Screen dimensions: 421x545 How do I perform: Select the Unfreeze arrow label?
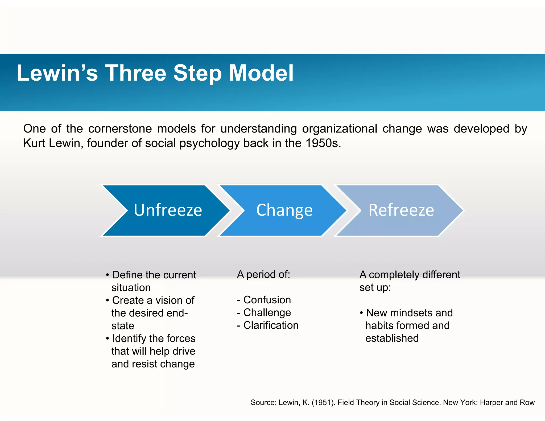pyautogui.click(x=168, y=210)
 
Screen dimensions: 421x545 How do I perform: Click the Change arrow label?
pyautogui.click(x=284, y=210)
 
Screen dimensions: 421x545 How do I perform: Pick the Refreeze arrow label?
pyautogui.click(x=401, y=210)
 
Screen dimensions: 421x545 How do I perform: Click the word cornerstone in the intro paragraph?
pyautogui.click(x=120, y=129)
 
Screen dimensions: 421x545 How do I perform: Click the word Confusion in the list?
pyautogui.click(x=267, y=300)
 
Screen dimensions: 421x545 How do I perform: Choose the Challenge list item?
pyautogui.click(x=267, y=313)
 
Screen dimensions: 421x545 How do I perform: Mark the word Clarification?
pyautogui.click(x=271, y=325)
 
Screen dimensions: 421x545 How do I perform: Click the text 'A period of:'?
pyautogui.click(x=263, y=274)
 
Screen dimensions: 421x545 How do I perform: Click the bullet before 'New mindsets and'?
pyautogui.click(x=361, y=313)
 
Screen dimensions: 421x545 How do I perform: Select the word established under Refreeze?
pyautogui.click(x=392, y=338)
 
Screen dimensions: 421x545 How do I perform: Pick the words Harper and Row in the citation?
pyautogui.click(x=507, y=402)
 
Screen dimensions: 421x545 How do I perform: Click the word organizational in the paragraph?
pyautogui.click(x=340, y=129)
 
